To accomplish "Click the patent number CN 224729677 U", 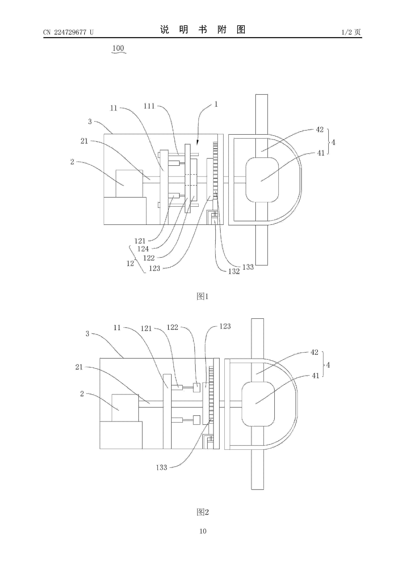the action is pyautogui.click(x=68, y=32).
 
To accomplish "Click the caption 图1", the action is pyautogui.click(x=203, y=296).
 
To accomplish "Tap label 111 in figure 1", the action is pyautogui.click(x=149, y=106).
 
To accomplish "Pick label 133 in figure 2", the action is pyautogui.click(x=162, y=467).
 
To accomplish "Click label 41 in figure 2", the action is pyautogui.click(x=315, y=376).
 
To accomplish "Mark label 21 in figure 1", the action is pyautogui.click(x=84, y=141).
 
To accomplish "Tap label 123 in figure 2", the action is pyautogui.click(x=225, y=326).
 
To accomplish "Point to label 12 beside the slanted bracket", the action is pyautogui.click(x=130, y=263).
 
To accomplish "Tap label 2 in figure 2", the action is pyautogui.click(x=82, y=394).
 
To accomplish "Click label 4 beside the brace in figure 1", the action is pyautogui.click(x=333, y=143).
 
